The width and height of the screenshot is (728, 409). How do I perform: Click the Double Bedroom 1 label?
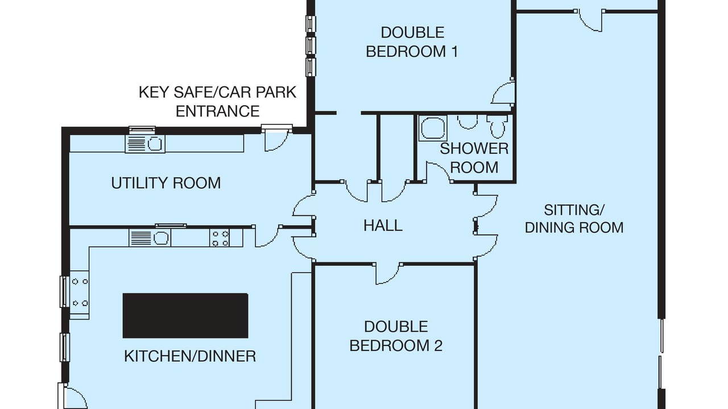(x=412, y=42)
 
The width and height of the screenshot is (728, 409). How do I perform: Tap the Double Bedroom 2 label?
(x=396, y=336)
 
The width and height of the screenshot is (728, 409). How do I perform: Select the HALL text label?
(x=383, y=226)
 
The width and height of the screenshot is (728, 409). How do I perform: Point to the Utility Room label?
(x=166, y=183)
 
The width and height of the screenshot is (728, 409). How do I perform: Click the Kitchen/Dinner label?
(x=190, y=356)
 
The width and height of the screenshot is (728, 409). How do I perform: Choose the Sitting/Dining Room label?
(x=574, y=219)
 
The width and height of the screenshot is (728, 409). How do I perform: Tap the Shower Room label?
(x=474, y=158)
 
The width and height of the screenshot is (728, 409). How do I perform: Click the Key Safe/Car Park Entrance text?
(x=217, y=102)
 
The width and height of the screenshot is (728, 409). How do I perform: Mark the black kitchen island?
(x=185, y=316)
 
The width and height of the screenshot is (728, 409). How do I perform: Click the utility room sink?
(x=145, y=144)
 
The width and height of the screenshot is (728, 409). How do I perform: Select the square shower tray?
(x=433, y=128)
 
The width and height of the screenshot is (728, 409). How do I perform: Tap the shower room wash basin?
(x=468, y=122)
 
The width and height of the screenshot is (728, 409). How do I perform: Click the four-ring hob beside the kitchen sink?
(x=220, y=238)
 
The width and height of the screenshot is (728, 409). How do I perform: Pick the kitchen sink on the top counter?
(x=150, y=238)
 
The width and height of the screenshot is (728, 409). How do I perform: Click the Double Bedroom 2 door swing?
(x=387, y=274)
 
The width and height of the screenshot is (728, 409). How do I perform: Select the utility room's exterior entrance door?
(x=277, y=139)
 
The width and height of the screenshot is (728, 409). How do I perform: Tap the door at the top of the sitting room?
(x=589, y=21)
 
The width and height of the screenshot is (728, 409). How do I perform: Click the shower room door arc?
(x=439, y=172)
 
